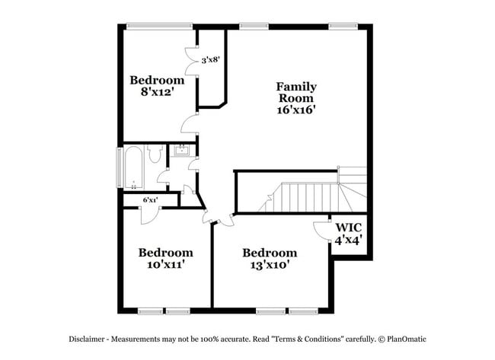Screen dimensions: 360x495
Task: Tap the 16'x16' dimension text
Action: [296, 110]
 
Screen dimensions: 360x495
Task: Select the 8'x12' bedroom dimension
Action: [157, 93]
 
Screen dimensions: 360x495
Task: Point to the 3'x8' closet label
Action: [210, 59]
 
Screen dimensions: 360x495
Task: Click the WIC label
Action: [348, 227]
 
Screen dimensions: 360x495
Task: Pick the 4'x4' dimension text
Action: [348, 240]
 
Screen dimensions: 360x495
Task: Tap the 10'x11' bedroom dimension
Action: [165, 266]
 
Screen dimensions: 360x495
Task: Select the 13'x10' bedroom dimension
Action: [269, 266]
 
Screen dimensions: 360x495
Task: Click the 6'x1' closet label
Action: [150, 200]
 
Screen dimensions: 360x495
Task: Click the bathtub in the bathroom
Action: [133, 167]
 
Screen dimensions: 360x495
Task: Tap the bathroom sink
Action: [181, 151]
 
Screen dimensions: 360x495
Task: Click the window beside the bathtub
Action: [119, 167]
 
